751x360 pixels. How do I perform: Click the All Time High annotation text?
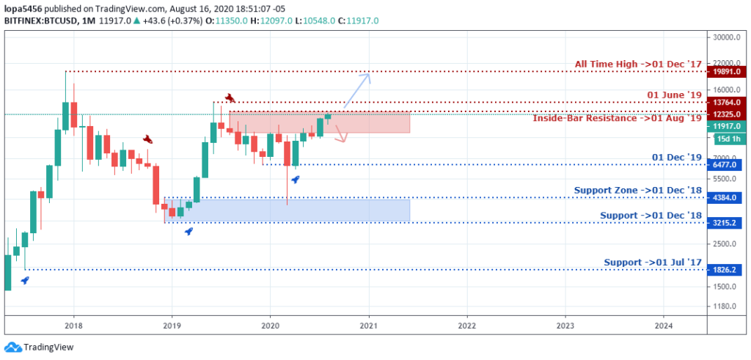638,65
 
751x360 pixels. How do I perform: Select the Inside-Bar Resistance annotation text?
617,118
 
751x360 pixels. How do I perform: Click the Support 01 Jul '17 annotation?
653,262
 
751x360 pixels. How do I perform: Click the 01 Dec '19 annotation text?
677,157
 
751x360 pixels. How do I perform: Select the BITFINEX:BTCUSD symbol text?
37,21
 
